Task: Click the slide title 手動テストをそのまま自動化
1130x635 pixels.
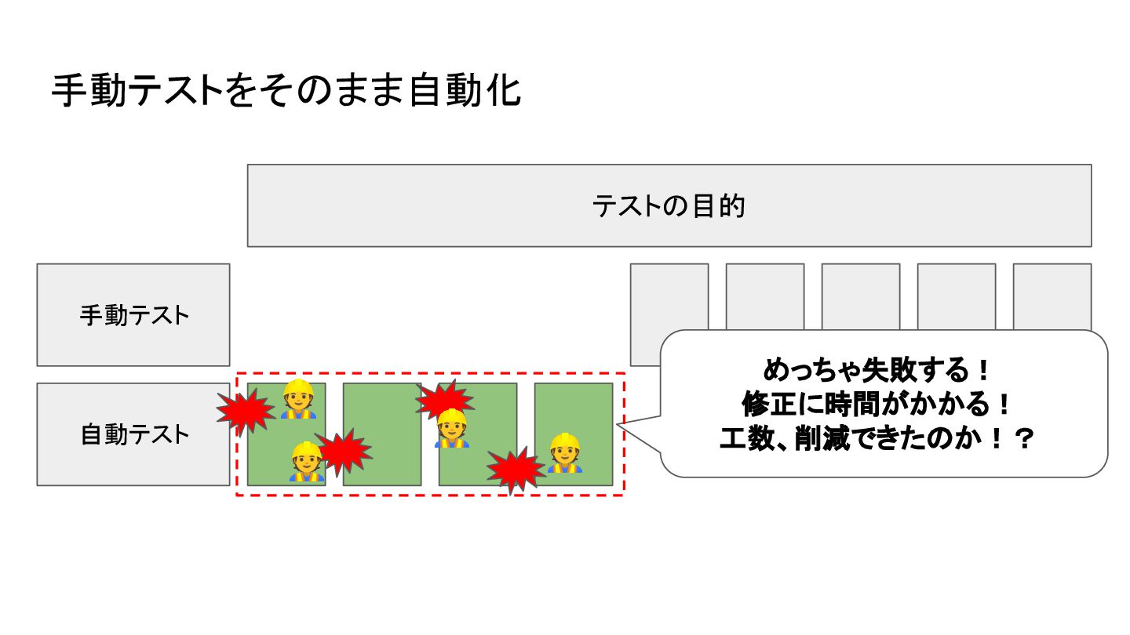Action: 286,92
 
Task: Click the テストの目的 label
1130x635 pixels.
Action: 669,206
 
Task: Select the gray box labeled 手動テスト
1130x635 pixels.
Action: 133,315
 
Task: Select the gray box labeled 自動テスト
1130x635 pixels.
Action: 133,434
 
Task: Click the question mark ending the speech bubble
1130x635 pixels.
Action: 1021,440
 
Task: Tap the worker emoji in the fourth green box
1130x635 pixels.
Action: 564,453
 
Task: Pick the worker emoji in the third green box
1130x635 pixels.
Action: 451,428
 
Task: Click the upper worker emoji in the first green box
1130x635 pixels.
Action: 297,399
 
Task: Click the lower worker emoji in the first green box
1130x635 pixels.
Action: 307,462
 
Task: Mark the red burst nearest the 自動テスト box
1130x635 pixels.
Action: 245,410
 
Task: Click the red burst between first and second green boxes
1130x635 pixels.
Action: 343,452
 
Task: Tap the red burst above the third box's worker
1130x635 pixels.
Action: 444,398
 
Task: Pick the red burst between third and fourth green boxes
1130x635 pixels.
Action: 515,470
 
